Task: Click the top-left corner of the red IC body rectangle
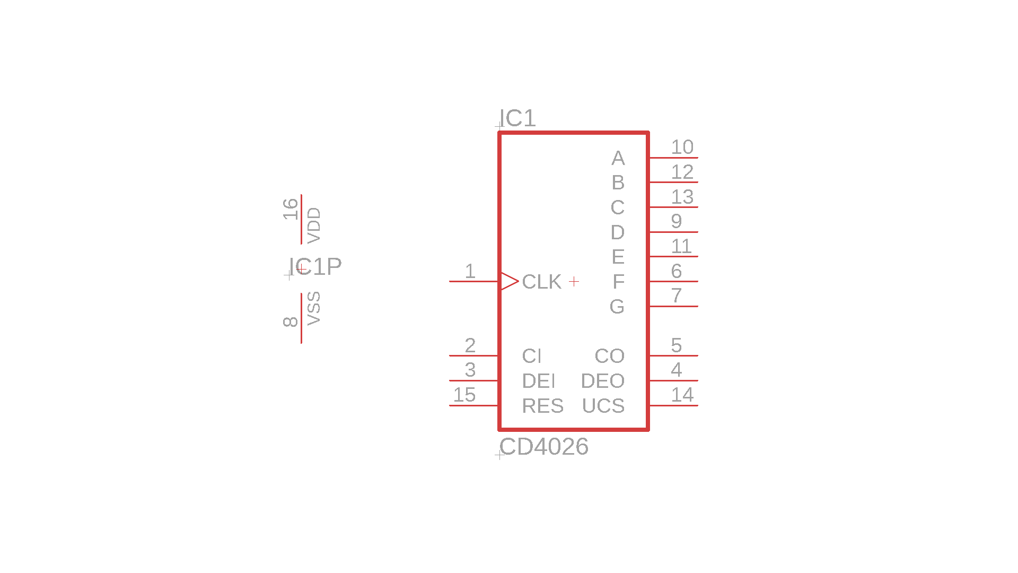[499, 133]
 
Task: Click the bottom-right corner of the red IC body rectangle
[648, 429]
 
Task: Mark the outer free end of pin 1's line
[450, 281]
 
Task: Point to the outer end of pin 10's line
[698, 158]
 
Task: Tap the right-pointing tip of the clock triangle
[519, 281]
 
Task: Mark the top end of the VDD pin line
[301, 195]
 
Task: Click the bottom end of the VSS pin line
[301, 343]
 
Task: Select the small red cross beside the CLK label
[574, 281]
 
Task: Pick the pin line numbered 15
[474, 405]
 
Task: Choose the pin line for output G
[673, 306]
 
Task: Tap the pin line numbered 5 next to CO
[673, 355]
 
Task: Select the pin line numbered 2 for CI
[474, 355]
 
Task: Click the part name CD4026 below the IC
[544, 447]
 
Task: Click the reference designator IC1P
[315, 266]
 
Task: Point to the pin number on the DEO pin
[676, 370]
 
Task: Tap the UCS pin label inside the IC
[603, 406]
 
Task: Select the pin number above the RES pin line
[464, 395]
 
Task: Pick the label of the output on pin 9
[617, 232]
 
